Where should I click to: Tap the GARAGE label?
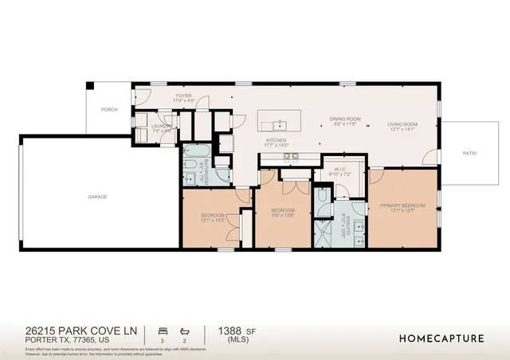click(97, 196)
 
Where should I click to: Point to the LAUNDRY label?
click(163, 125)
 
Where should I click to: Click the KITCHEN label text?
click(276, 140)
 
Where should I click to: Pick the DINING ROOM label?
click(346, 119)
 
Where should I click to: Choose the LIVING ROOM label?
click(402, 124)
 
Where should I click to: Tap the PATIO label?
click(470, 153)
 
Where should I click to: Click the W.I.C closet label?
click(338, 169)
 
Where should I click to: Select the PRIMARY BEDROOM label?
click(402, 205)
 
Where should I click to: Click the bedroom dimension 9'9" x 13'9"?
click(284, 214)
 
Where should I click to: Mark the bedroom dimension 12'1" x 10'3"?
click(213, 220)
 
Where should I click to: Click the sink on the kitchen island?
click(280, 125)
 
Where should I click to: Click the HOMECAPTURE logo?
click(441, 338)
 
